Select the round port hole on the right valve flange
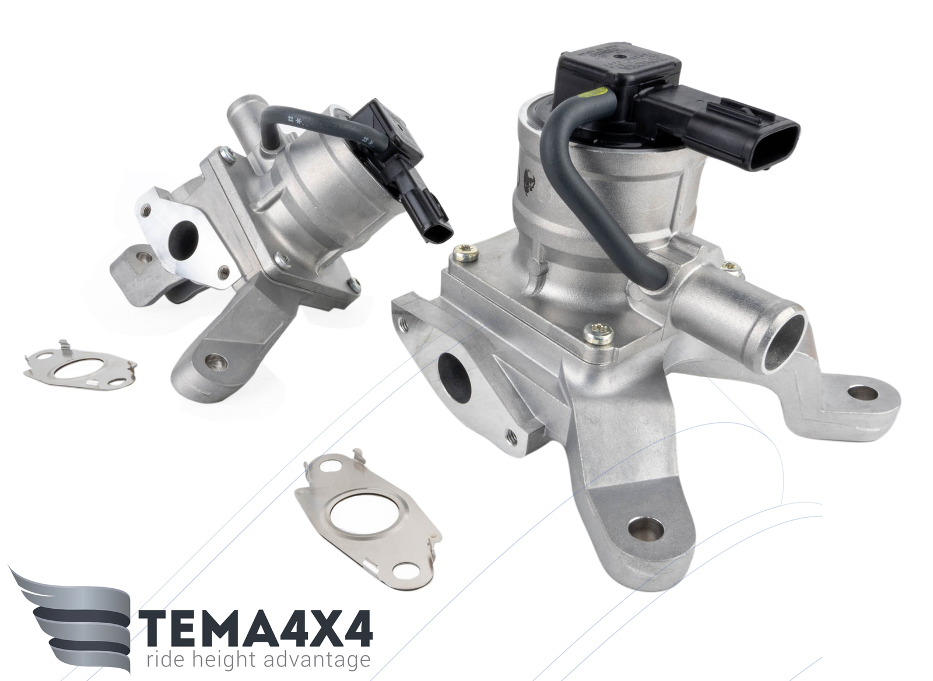coord(454,373)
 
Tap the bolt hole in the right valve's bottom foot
coord(646,529)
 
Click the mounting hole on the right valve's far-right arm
coord(862,393)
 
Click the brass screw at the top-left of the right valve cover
coord(465,252)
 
